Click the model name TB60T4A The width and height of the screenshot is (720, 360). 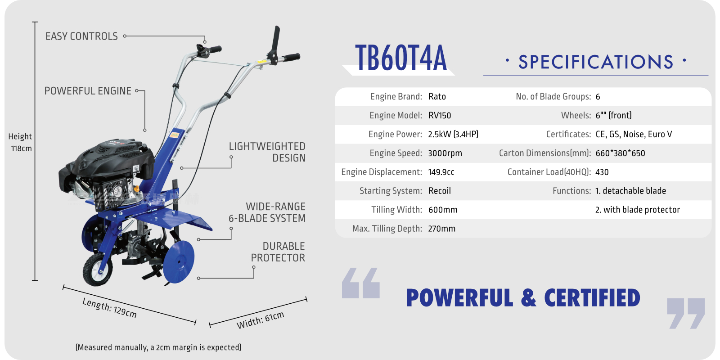tap(401, 58)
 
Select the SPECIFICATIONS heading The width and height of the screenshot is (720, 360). tap(596, 62)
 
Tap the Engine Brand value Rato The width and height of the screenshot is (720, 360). tap(437, 96)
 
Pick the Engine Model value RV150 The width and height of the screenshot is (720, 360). tap(440, 115)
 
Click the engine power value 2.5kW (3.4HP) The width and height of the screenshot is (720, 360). tap(453, 135)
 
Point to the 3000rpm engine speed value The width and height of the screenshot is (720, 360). tap(445, 153)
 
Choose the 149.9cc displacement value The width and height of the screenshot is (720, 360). tap(441, 172)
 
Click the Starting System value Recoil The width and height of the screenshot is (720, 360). tap(440, 191)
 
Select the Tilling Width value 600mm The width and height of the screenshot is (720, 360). tap(443, 210)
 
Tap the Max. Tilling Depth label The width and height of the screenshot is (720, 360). tap(387, 229)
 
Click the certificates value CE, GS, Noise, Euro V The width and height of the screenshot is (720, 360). tap(634, 135)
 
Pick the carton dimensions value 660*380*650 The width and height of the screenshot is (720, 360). tap(621, 153)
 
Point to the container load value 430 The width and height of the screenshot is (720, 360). tap(602, 172)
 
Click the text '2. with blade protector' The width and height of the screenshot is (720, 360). tap(638, 210)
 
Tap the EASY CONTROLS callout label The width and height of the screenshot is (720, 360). tap(81, 36)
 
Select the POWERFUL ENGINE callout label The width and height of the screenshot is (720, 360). tap(88, 91)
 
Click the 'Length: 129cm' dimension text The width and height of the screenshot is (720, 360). tap(109, 308)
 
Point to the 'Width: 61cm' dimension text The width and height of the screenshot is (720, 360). tap(261, 320)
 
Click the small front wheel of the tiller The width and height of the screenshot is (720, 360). tap(98, 270)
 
